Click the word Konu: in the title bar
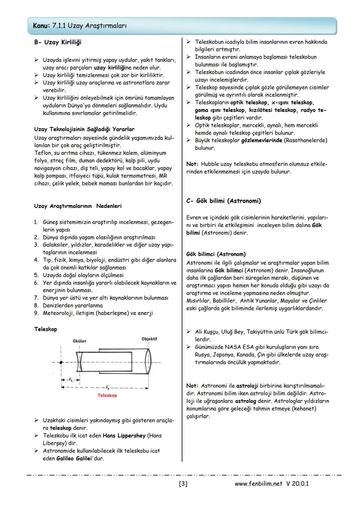(x=42, y=26)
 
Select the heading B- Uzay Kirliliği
(x=57, y=42)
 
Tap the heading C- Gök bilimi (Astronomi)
(x=223, y=201)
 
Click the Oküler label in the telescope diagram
(x=79, y=341)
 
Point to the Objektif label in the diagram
(x=149, y=339)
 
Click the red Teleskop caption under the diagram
(x=107, y=395)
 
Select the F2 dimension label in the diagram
(x=70, y=380)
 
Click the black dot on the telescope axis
(x=61, y=362)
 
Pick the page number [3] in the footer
(x=183, y=484)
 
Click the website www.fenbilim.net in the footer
(x=258, y=484)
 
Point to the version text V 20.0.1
(x=297, y=484)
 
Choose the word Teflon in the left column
(x=43, y=153)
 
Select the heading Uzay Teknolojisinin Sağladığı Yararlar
(x=84, y=129)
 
